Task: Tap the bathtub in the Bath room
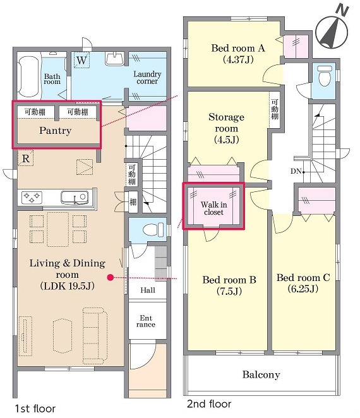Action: [x=29, y=76]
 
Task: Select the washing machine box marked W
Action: [x=81, y=60]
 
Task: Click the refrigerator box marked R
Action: [x=26, y=158]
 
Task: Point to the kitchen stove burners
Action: [x=32, y=197]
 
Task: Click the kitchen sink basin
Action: [x=75, y=198]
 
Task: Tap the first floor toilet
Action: [x=153, y=230]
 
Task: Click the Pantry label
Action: [x=55, y=131]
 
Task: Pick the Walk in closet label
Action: [x=213, y=208]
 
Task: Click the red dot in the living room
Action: [x=111, y=278]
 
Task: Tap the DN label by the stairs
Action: [x=296, y=171]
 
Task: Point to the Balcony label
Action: [x=261, y=374]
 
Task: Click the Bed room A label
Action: [x=238, y=48]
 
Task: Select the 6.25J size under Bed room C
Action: [x=303, y=289]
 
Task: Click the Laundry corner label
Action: [x=147, y=77]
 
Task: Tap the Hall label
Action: [x=148, y=290]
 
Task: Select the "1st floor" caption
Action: [x=35, y=409]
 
